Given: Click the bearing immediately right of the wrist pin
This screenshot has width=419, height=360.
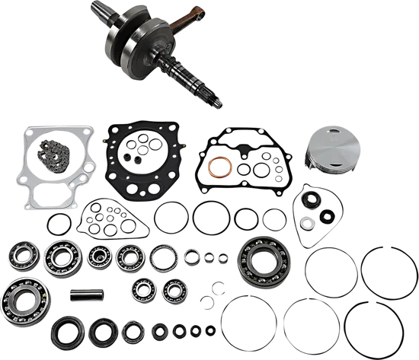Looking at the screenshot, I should coord(142,287).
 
